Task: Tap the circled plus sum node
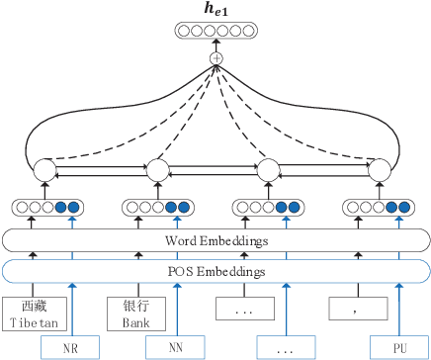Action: [x=215, y=58]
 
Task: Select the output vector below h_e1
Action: [x=215, y=32]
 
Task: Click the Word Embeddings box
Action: [x=215, y=239]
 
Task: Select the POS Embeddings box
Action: [x=215, y=271]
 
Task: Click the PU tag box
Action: [x=397, y=347]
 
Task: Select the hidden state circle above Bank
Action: [x=157, y=169]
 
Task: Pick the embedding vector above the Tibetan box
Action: [x=45, y=209]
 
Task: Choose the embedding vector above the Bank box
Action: [x=156, y=209]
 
